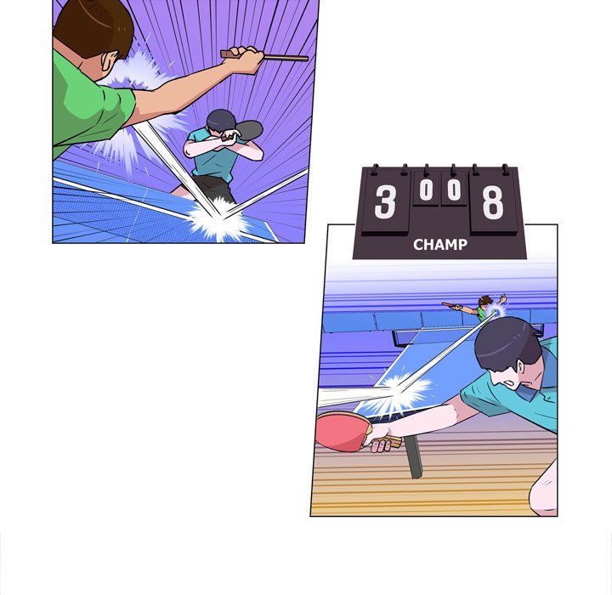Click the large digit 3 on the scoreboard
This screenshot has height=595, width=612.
coord(385,202)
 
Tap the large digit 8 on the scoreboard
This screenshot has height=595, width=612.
coord(492,202)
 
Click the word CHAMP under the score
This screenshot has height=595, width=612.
coord(439,245)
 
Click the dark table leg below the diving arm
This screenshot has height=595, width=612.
coord(414,459)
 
